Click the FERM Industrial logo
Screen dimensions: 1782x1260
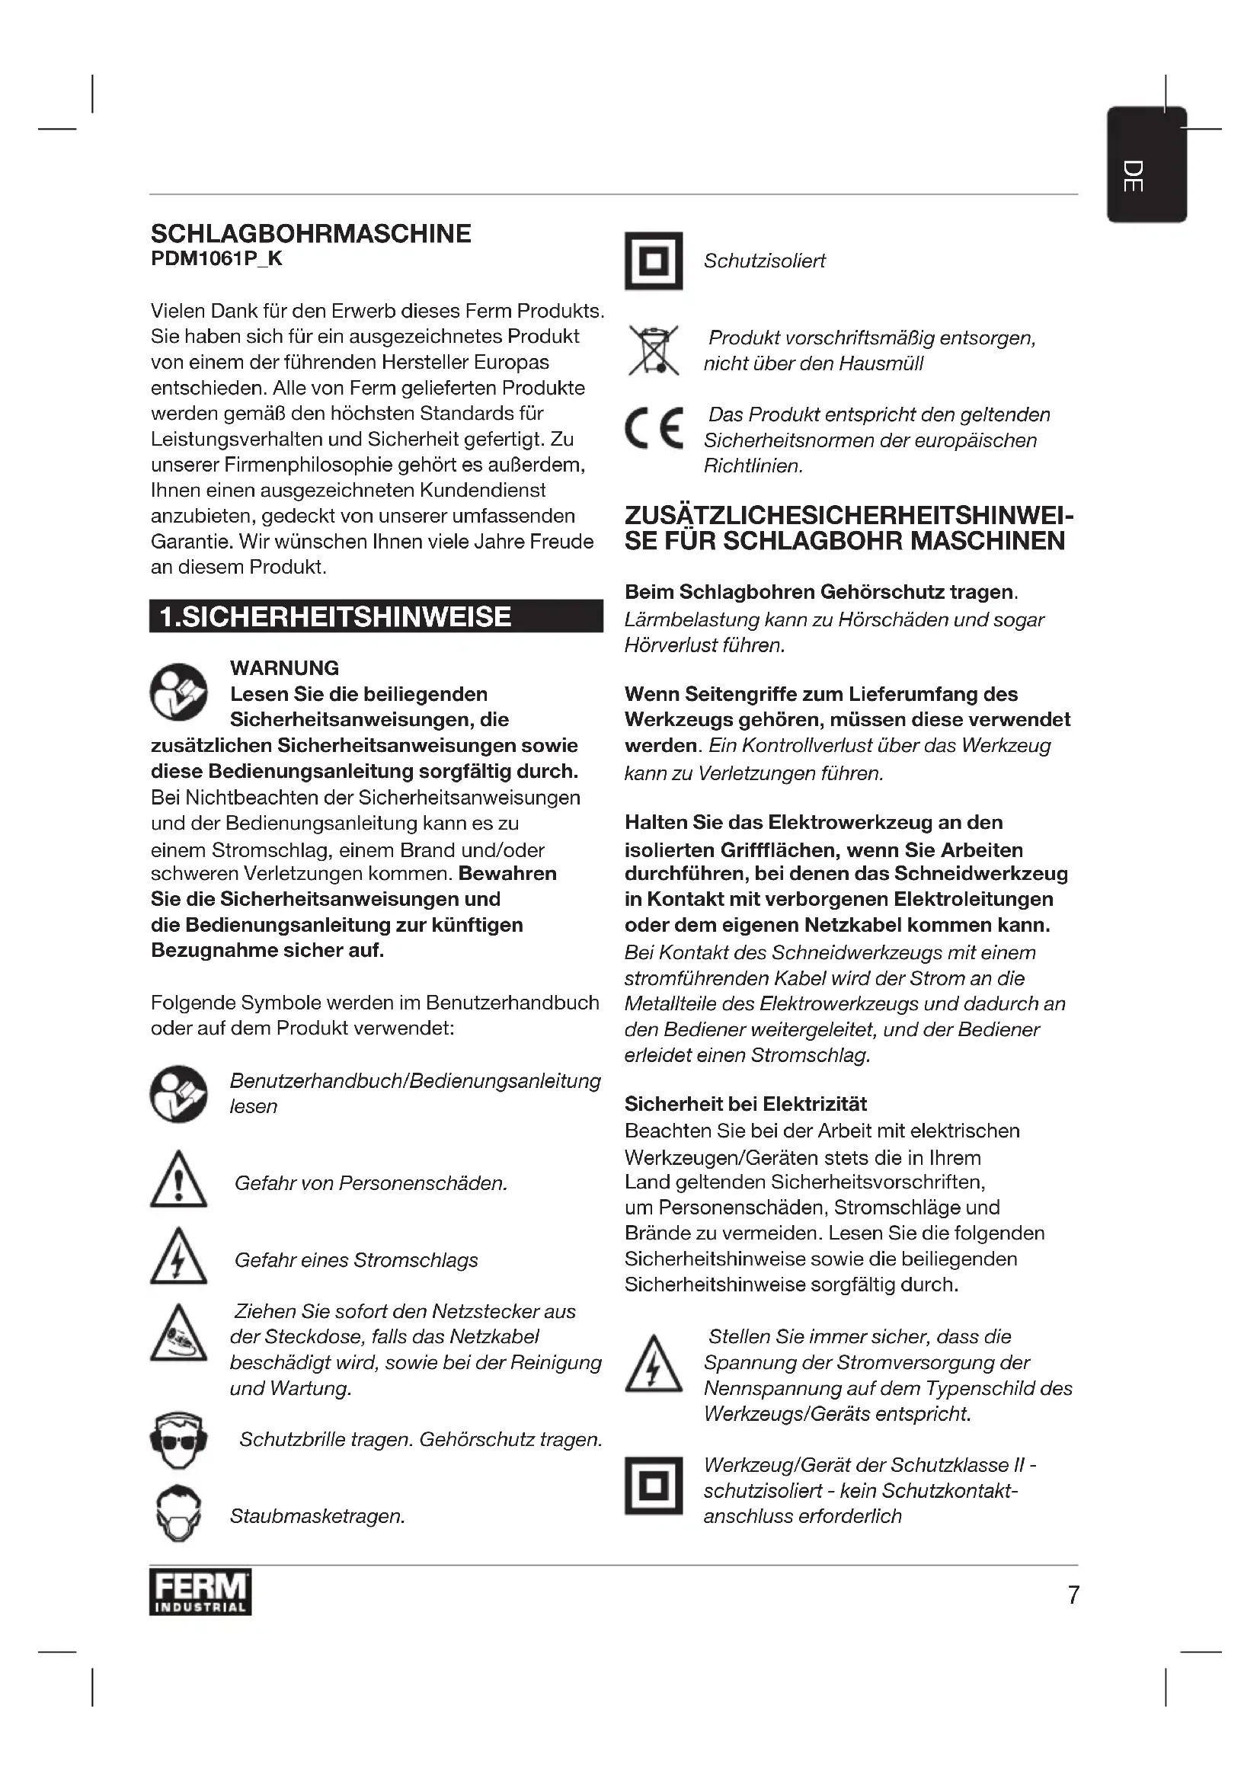200,1592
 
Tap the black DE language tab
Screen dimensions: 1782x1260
1146,165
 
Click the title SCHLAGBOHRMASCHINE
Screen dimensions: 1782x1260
310,234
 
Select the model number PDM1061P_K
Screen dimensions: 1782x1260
216,259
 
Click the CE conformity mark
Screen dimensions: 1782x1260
654,428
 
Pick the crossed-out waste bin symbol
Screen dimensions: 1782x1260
654,350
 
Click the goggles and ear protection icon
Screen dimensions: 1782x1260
178,1441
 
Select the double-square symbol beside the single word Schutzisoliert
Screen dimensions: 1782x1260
654,261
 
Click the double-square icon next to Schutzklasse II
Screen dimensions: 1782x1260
654,1486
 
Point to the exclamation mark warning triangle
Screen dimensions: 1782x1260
178,1180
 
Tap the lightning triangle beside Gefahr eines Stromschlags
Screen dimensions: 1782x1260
178,1257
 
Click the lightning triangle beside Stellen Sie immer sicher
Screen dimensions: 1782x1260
654,1364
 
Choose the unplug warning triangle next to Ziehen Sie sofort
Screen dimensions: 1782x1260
178,1334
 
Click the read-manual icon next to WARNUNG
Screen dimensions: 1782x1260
178,691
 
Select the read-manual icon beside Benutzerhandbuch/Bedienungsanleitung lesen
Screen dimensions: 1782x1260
178,1093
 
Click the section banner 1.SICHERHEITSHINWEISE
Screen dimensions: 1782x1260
376,616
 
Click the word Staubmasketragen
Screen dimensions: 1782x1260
318,1516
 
